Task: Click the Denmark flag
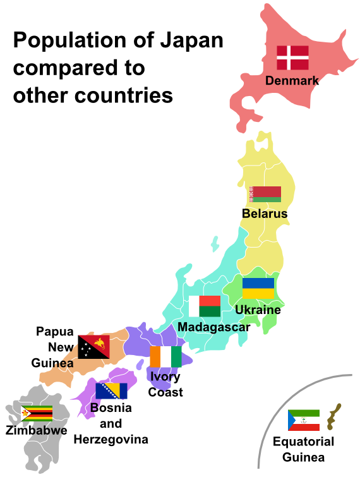click(292, 57)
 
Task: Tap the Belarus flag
click(265, 195)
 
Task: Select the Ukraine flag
click(258, 289)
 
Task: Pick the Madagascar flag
click(205, 306)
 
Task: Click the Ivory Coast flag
click(165, 356)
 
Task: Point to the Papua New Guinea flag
click(93, 347)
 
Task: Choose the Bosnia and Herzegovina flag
click(111, 390)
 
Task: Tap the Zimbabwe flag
click(37, 413)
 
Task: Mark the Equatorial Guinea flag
click(304, 420)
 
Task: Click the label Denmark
click(292, 81)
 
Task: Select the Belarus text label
click(265, 214)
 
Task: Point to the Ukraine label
click(258, 310)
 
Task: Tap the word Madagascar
click(213, 327)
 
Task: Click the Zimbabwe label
click(36, 431)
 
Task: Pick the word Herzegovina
click(111, 439)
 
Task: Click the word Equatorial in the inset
click(303, 442)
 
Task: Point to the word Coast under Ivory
click(165, 392)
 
